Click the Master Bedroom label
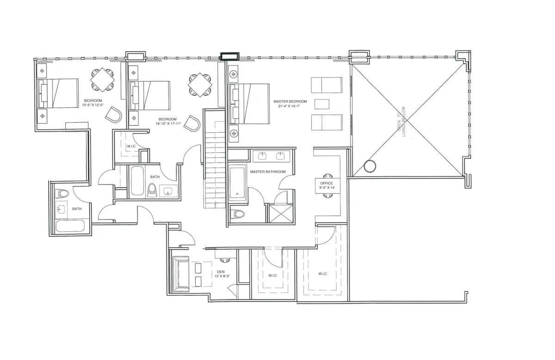tap(290, 101)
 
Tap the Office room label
tap(327, 183)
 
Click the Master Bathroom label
tap(268, 172)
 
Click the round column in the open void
tap(370, 166)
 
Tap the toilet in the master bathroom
tap(237, 214)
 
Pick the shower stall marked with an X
tap(280, 214)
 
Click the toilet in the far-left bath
tap(62, 193)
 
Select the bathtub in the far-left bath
tap(70, 227)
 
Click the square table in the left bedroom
tap(103, 80)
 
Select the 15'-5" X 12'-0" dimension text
tap(93, 106)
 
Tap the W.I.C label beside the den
tap(272, 276)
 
